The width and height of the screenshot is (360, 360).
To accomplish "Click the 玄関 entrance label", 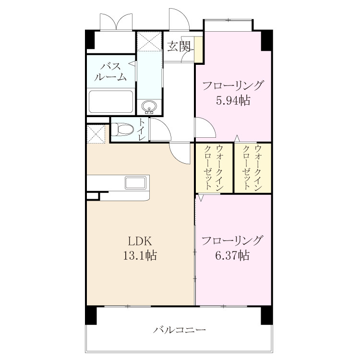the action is (179, 47).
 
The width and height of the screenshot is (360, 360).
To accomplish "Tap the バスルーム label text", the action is (111, 72).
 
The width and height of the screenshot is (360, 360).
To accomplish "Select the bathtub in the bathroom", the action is (111, 102).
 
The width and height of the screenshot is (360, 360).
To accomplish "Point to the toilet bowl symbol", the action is (122, 129).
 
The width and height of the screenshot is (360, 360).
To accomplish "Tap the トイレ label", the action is (142, 130).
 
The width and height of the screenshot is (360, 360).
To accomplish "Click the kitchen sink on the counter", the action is (135, 183).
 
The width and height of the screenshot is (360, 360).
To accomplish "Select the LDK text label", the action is (140, 241).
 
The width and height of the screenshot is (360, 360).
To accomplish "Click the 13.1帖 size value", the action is (140, 255).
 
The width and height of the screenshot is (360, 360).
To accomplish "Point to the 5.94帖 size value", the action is (233, 100).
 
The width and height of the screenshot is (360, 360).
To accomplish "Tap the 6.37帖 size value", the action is (232, 255).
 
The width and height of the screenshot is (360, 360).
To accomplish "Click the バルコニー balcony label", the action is (180, 330).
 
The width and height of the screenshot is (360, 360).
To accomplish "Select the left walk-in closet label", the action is (214, 167).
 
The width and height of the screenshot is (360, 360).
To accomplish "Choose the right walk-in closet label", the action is (252, 167).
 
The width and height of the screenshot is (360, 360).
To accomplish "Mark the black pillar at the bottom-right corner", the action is (266, 315).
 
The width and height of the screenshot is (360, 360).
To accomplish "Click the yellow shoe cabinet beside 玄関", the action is (199, 49).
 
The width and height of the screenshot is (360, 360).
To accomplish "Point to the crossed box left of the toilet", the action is (96, 134).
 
